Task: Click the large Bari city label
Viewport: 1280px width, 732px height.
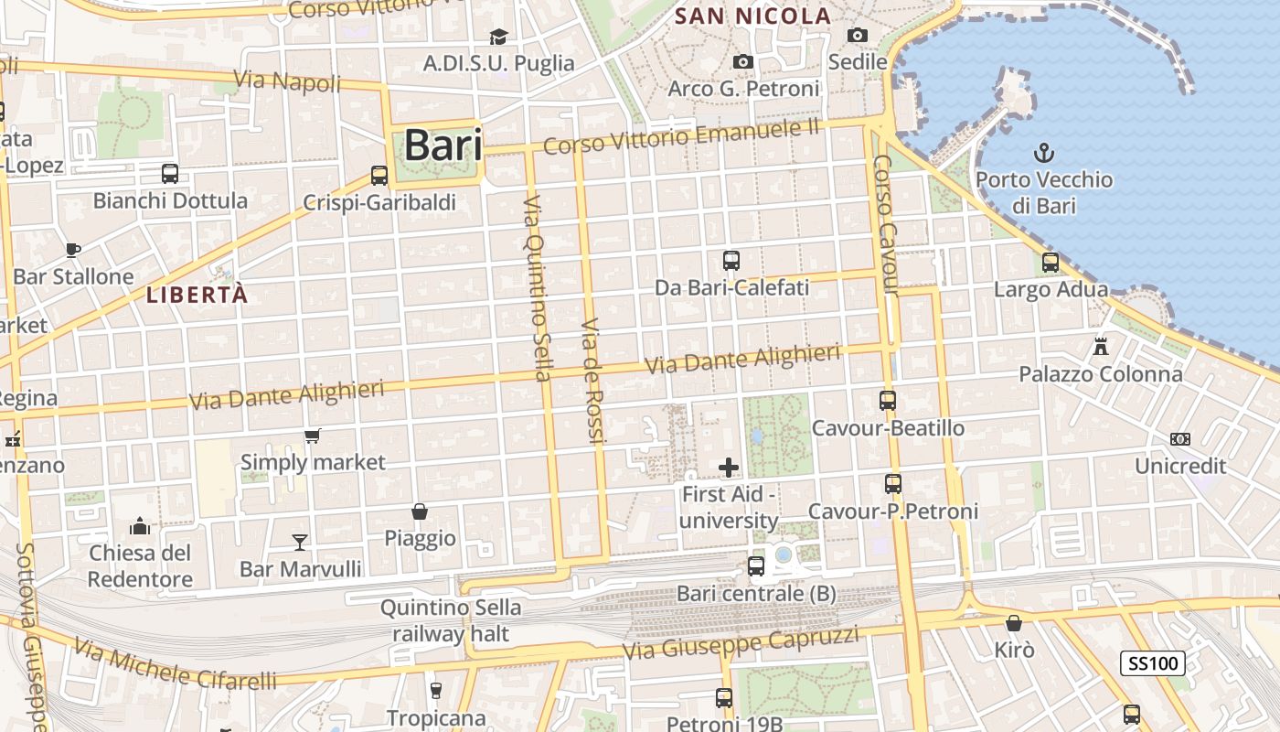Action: [443, 145]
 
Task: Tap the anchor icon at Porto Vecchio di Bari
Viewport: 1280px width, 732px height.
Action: [1043, 153]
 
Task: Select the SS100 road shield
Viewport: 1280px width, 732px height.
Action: [1152, 663]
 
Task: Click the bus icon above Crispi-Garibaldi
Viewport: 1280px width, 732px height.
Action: [379, 176]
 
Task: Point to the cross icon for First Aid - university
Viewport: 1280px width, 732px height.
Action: [729, 468]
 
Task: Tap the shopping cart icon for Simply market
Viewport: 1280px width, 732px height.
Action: [313, 436]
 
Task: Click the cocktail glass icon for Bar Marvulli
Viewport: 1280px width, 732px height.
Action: [299, 542]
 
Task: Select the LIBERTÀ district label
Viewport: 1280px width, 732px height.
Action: [197, 295]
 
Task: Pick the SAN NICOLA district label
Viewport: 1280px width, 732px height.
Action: [752, 16]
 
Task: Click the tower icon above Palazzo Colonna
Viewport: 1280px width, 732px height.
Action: [1101, 347]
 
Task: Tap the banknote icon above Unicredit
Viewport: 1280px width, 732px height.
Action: [1180, 439]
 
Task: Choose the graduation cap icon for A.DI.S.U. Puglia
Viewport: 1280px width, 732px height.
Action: [498, 37]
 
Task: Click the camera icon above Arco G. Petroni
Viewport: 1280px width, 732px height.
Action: [743, 61]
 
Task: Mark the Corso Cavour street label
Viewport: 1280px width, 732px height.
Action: [886, 225]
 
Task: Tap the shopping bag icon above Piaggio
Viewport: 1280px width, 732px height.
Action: [420, 511]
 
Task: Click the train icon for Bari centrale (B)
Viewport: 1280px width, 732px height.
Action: [756, 566]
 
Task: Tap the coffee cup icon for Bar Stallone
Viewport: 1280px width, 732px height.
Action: [73, 250]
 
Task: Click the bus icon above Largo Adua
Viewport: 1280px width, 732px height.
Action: [1051, 263]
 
